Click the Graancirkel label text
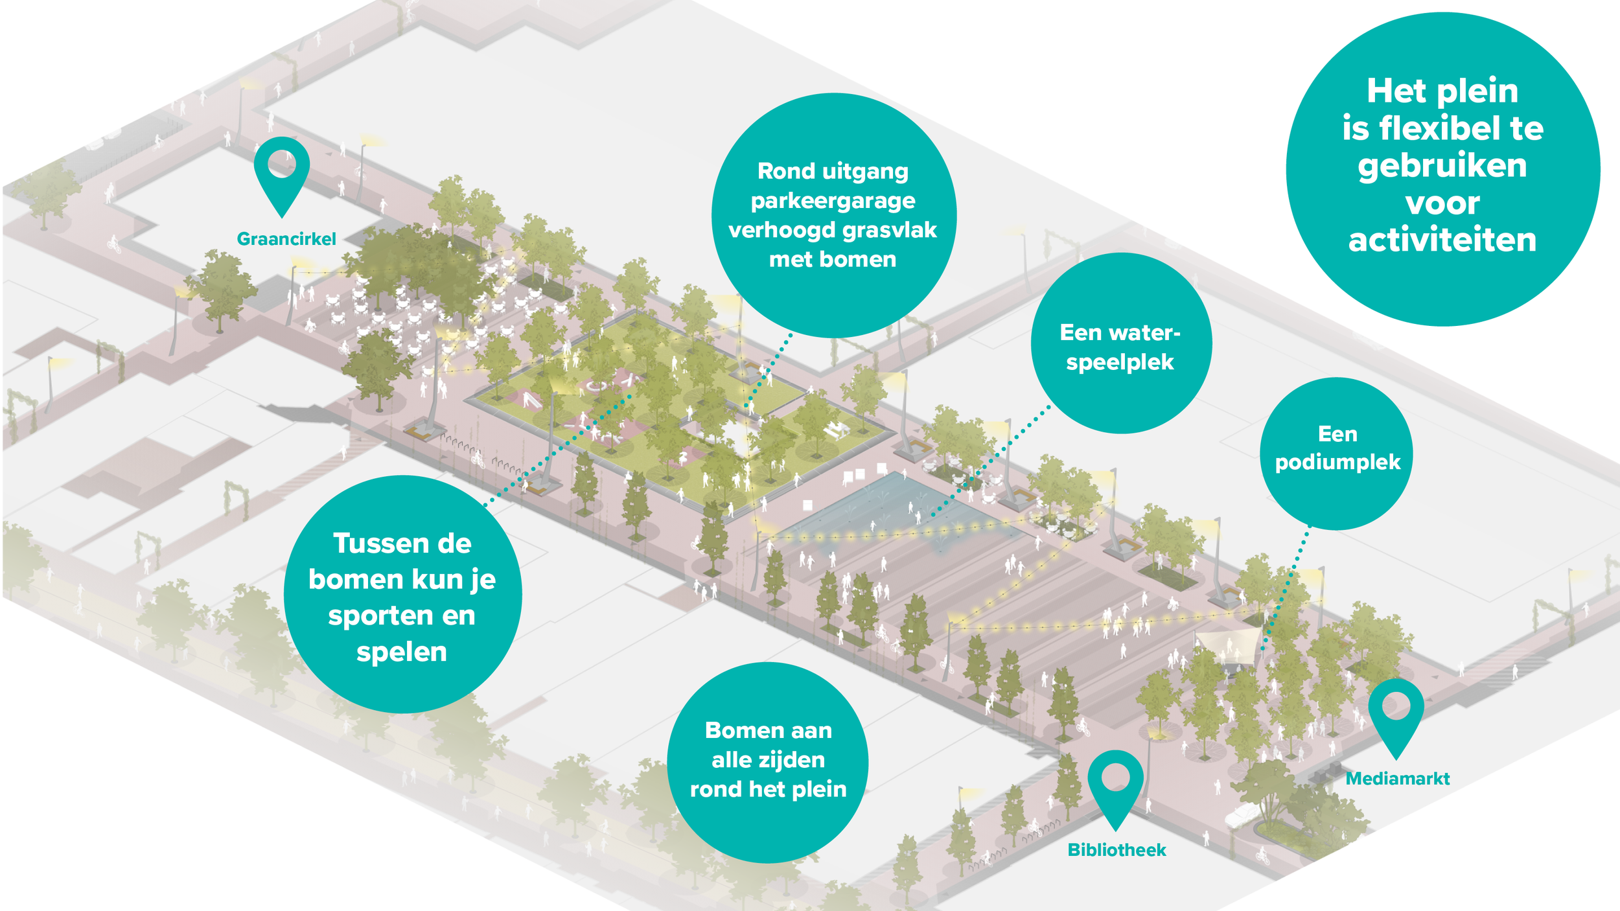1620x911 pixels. coord(286,239)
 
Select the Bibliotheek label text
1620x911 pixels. coord(1117,850)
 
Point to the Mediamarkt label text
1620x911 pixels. coord(1398,779)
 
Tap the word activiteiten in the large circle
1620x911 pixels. coord(1442,240)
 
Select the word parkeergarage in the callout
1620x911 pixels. coord(833,202)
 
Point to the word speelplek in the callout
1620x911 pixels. coord(1120,363)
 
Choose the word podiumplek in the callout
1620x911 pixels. coord(1337,463)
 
